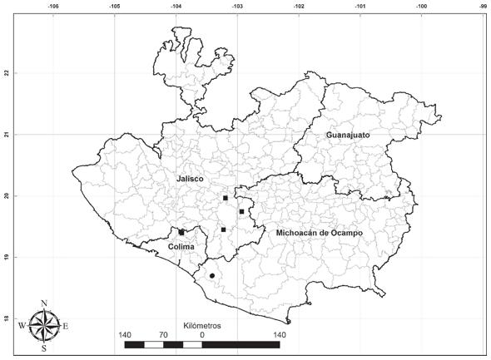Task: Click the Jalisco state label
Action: (x=190, y=179)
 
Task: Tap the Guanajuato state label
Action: (x=348, y=135)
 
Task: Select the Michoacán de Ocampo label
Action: (x=320, y=233)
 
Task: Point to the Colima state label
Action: (x=181, y=247)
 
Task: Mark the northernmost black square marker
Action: (x=226, y=198)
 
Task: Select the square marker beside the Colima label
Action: (x=181, y=233)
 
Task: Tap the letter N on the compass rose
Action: (x=44, y=303)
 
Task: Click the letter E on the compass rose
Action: (x=66, y=326)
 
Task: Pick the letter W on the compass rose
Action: (x=22, y=326)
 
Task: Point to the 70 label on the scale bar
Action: (x=163, y=335)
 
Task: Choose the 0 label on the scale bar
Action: (x=202, y=335)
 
